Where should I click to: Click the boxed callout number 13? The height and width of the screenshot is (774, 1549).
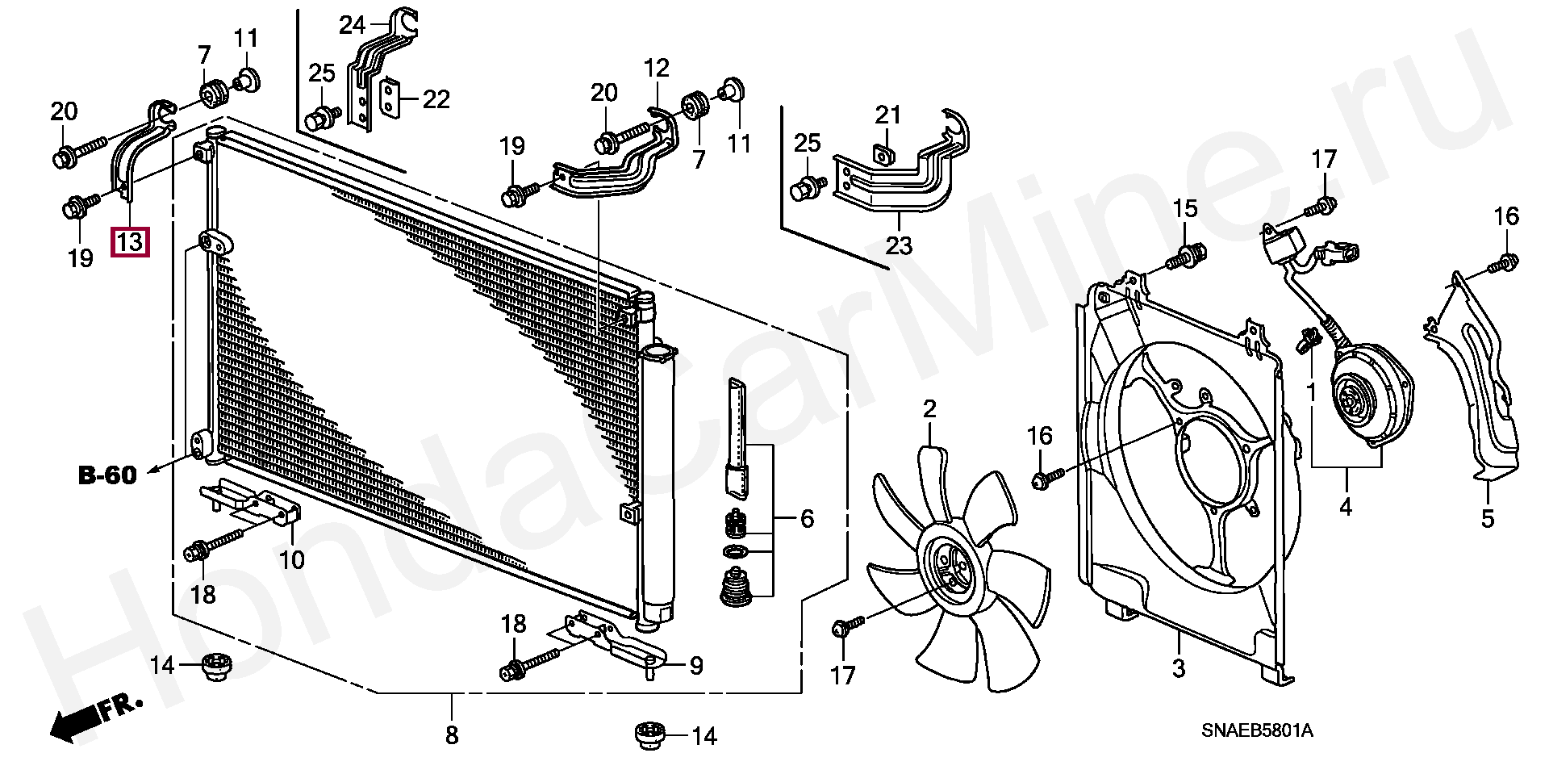130,241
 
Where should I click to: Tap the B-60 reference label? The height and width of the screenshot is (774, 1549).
107,475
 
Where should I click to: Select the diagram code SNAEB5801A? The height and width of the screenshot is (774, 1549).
1257,731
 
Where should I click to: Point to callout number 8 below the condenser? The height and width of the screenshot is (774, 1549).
452,735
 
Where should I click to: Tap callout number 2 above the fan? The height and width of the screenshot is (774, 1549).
929,409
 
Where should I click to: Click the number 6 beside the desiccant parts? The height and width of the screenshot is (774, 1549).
807,519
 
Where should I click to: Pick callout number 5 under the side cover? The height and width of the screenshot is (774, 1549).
1488,518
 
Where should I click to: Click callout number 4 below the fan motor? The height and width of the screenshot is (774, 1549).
1346,507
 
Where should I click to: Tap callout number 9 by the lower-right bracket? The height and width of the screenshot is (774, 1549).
695,666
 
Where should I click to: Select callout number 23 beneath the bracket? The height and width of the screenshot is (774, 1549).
899,245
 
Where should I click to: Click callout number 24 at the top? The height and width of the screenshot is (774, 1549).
352,26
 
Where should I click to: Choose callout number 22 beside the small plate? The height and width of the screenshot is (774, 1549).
436,99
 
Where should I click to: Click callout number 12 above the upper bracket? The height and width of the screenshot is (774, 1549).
657,69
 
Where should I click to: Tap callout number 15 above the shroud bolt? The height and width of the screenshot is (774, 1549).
1185,209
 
